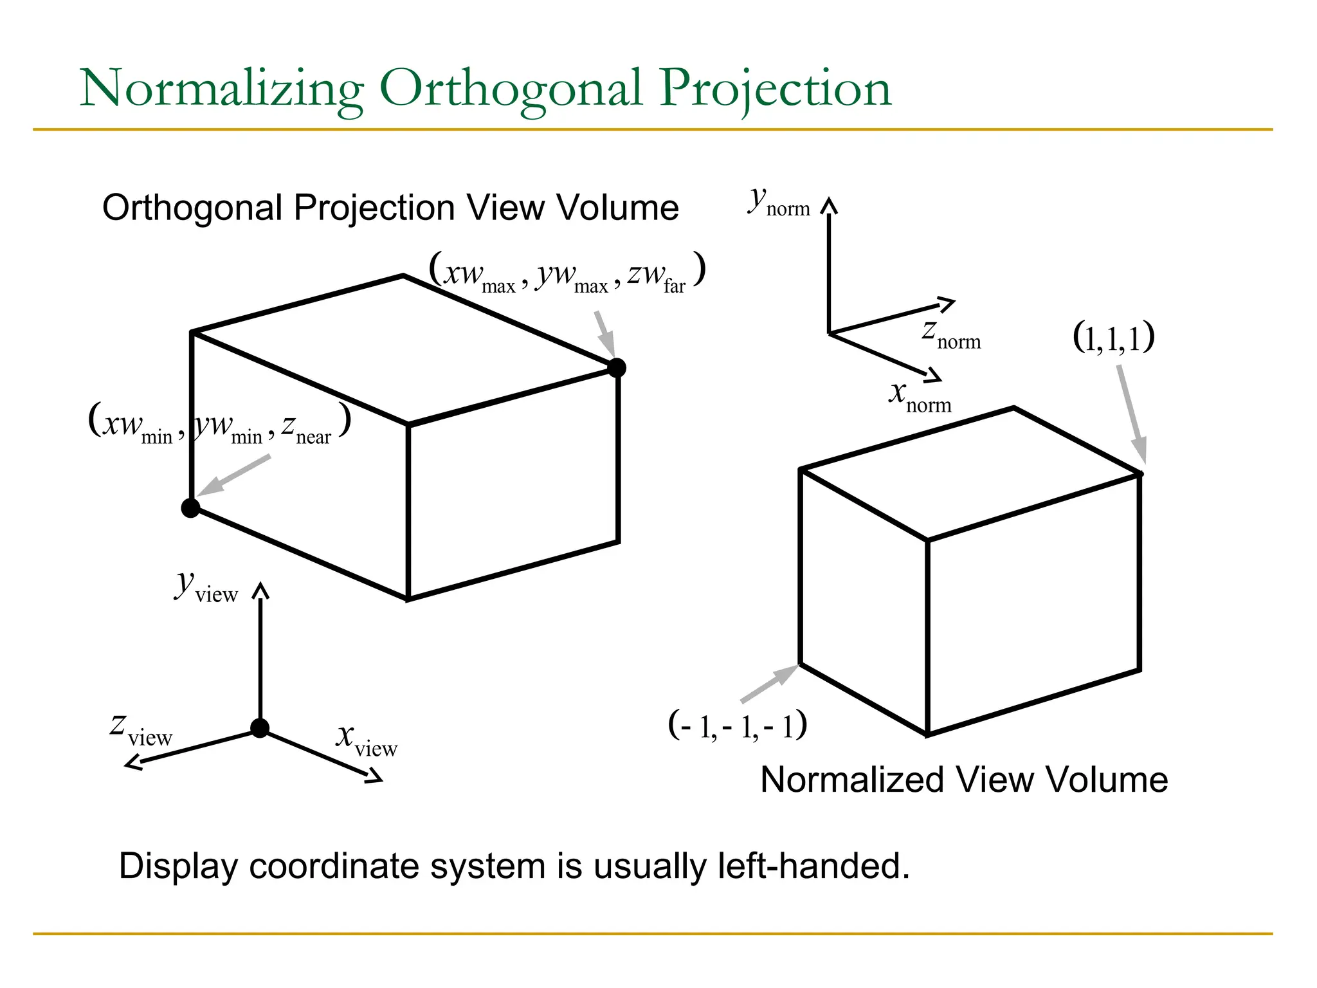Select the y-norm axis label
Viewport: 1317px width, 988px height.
point(779,202)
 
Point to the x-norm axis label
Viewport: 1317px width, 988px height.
point(920,396)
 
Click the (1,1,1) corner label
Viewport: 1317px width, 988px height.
point(1113,337)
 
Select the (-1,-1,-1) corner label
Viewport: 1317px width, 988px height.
point(738,726)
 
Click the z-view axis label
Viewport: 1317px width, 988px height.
point(141,730)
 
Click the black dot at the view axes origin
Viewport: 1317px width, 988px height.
point(260,728)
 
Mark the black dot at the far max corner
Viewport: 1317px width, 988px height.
point(616,367)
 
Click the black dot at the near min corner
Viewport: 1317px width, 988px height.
point(190,508)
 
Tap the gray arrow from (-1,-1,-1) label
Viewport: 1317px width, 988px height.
point(769,684)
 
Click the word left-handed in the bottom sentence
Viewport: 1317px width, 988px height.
point(813,866)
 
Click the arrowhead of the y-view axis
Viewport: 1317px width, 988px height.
point(260,589)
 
